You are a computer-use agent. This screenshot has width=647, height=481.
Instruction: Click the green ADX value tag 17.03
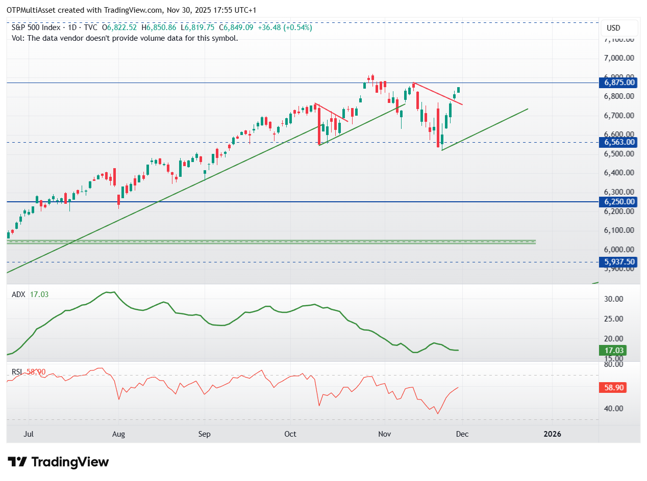612,351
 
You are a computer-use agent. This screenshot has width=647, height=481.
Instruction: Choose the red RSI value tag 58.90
612,388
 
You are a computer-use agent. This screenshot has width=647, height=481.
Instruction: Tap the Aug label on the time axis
118,434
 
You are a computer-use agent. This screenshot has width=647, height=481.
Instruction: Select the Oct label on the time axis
290,434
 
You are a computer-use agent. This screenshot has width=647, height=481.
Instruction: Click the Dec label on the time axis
462,434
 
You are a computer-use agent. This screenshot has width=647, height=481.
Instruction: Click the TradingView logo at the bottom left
58,462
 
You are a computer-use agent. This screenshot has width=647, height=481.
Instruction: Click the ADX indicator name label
18,295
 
